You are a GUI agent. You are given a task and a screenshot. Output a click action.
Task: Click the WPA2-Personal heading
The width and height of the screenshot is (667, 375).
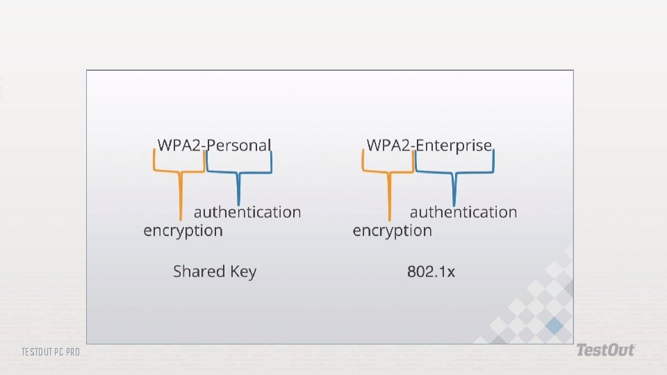point(214,145)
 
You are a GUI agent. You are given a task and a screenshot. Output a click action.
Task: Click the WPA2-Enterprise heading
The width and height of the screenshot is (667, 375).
point(429,145)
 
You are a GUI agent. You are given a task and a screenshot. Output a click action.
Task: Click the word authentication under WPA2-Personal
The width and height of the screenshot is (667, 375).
point(247,212)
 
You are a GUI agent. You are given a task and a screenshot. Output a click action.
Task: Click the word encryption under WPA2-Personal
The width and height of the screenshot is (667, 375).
point(183,231)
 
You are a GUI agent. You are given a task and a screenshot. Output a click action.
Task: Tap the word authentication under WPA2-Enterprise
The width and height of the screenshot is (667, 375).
point(463,212)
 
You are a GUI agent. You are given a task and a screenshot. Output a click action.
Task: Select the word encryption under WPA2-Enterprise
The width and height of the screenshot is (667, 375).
point(392,231)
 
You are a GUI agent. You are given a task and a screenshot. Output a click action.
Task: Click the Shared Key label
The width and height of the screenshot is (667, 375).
point(215,272)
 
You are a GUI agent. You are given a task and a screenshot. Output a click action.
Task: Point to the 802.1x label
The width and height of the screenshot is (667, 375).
point(431,272)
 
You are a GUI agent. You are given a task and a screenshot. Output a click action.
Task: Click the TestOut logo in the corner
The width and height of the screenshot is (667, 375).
point(604,350)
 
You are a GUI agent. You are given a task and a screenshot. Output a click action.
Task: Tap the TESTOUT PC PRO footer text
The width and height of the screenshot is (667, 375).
point(50,352)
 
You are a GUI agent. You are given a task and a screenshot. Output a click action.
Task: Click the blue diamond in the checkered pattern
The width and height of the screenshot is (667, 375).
point(554,326)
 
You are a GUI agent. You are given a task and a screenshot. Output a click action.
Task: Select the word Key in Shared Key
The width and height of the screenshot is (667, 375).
point(243,272)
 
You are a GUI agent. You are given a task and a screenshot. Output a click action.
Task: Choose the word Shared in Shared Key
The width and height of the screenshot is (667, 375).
point(199,272)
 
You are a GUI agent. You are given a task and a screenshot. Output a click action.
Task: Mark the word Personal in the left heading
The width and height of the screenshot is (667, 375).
point(239,145)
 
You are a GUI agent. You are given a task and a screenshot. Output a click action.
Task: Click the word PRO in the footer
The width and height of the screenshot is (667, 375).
point(72,352)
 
